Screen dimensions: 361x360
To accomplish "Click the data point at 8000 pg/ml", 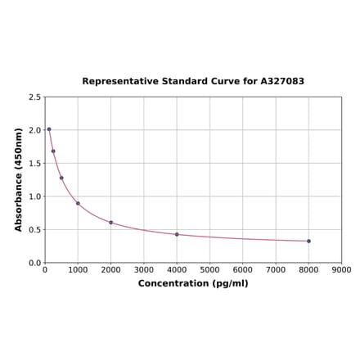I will click(x=308, y=241).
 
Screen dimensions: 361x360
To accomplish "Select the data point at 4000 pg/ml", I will click(x=177, y=235).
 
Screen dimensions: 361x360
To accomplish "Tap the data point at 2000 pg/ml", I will click(x=111, y=223).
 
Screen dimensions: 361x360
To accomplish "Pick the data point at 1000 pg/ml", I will click(x=78, y=203).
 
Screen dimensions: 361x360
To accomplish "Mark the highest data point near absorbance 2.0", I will click(x=49, y=129).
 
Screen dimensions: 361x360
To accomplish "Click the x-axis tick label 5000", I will click(x=209, y=269).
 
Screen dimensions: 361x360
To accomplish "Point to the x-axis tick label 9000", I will click(x=341, y=269).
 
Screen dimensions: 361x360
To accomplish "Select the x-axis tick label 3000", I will click(x=144, y=269).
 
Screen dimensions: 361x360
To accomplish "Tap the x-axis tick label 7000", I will click(x=276, y=269).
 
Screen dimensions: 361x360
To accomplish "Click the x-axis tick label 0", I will click(x=45, y=269).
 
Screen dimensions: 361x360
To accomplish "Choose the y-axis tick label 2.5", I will click(x=35, y=97).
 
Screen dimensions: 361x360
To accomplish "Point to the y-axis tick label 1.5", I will click(x=35, y=164).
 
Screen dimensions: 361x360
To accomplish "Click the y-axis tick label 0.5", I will click(x=35, y=230).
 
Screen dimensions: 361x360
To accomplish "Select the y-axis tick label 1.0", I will click(x=35, y=196).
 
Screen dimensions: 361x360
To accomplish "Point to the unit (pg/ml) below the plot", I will click(x=230, y=283).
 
